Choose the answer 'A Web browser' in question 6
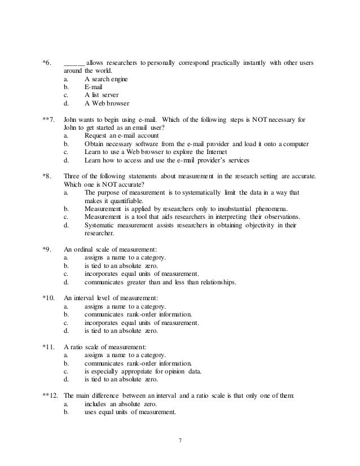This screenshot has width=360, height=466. point(106,104)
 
